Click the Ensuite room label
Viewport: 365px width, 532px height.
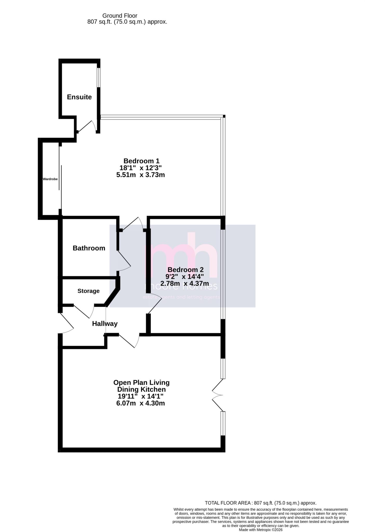[79, 97]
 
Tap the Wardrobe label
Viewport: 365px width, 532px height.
[50, 179]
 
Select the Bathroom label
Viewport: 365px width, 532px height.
[89, 248]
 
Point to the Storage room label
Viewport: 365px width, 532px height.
[88, 291]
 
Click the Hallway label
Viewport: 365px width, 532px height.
[105, 324]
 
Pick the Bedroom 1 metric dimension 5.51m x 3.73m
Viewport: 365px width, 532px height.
[141, 175]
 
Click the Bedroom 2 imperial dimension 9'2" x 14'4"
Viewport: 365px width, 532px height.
[185, 276]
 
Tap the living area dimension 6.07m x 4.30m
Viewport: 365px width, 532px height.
[141, 403]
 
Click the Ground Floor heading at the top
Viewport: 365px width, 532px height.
[120, 16]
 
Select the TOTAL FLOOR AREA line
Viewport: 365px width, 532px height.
[261, 503]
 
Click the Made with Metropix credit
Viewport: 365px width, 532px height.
[261, 530]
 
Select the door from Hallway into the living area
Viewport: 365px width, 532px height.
[129, 341]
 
